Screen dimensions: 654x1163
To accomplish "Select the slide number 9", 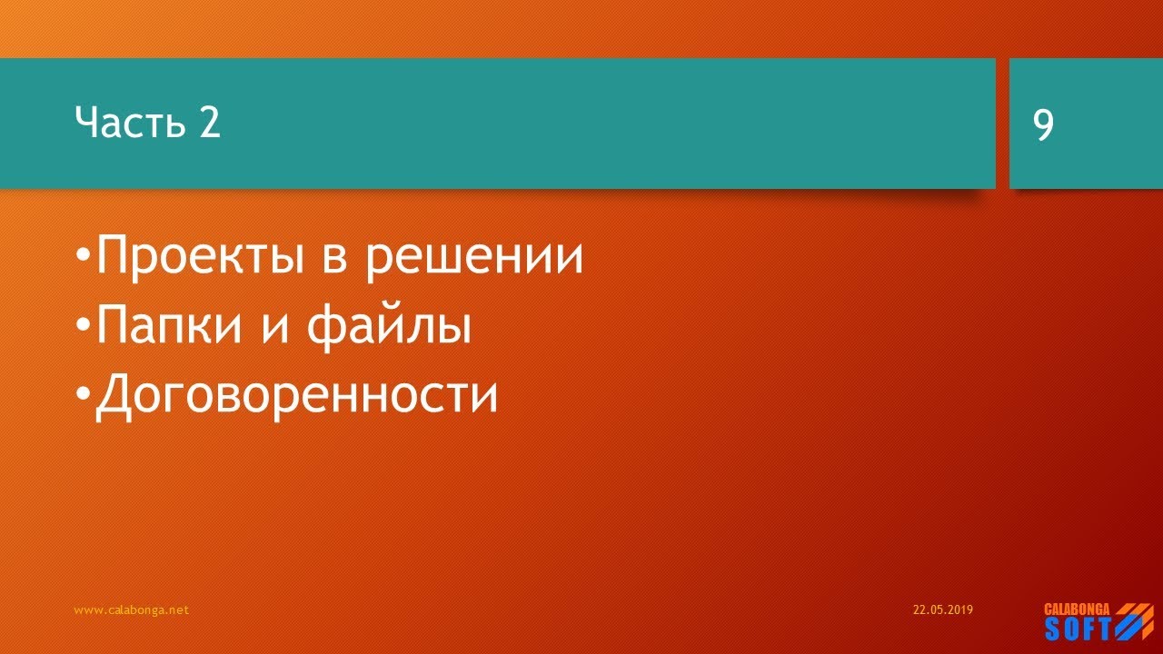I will coord(1044,124).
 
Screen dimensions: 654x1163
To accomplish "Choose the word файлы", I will coord(388,327).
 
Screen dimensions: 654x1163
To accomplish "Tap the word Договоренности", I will coord(297,395).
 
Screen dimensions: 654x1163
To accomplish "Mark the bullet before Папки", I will coord(84,325).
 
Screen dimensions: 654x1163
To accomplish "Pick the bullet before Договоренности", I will coord(84,393).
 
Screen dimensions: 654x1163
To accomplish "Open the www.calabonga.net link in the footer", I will coord(131,610).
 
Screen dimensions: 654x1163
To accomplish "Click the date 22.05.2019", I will coord(942,610).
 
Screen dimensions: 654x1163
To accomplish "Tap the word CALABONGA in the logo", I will coord(1078,609).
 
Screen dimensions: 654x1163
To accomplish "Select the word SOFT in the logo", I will coord(1078,629).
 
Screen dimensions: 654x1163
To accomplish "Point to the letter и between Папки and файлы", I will coord(277,329).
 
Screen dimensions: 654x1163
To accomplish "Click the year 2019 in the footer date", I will coord(961,610).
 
